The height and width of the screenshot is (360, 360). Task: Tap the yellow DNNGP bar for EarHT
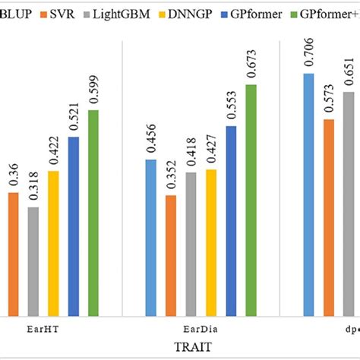coord(53,243)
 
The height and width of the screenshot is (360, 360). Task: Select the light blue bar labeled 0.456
coord(151,237)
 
